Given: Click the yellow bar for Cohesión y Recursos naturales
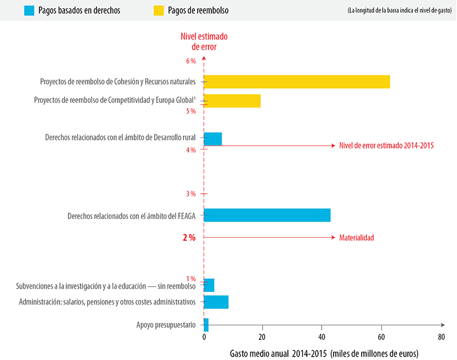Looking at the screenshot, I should click(297, 82).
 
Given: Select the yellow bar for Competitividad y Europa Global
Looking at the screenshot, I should click(232, 101).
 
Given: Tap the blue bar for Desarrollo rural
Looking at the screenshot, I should click(213, 138).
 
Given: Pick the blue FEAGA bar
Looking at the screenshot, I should click(267, 215).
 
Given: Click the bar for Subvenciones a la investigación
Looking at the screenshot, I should click(209, 285).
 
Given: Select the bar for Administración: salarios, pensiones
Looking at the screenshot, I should click(217, 302).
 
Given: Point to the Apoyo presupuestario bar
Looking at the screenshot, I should click(206, 325).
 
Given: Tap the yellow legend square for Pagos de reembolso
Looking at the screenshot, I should click(158, 10).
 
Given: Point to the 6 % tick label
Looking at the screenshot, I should click(191, 61).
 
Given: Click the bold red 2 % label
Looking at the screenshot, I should click(189, 237).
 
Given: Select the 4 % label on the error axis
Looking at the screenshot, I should click(191, 150).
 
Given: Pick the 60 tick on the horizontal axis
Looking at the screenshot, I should click(381, 337).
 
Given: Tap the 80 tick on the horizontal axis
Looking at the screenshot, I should click(440, 337).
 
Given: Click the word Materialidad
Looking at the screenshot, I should click(356, 237).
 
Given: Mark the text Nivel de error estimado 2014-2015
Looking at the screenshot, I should click(386, 146).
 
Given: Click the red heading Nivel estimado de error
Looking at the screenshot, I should click(204, 42).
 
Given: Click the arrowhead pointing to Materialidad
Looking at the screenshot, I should click(332, 237).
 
